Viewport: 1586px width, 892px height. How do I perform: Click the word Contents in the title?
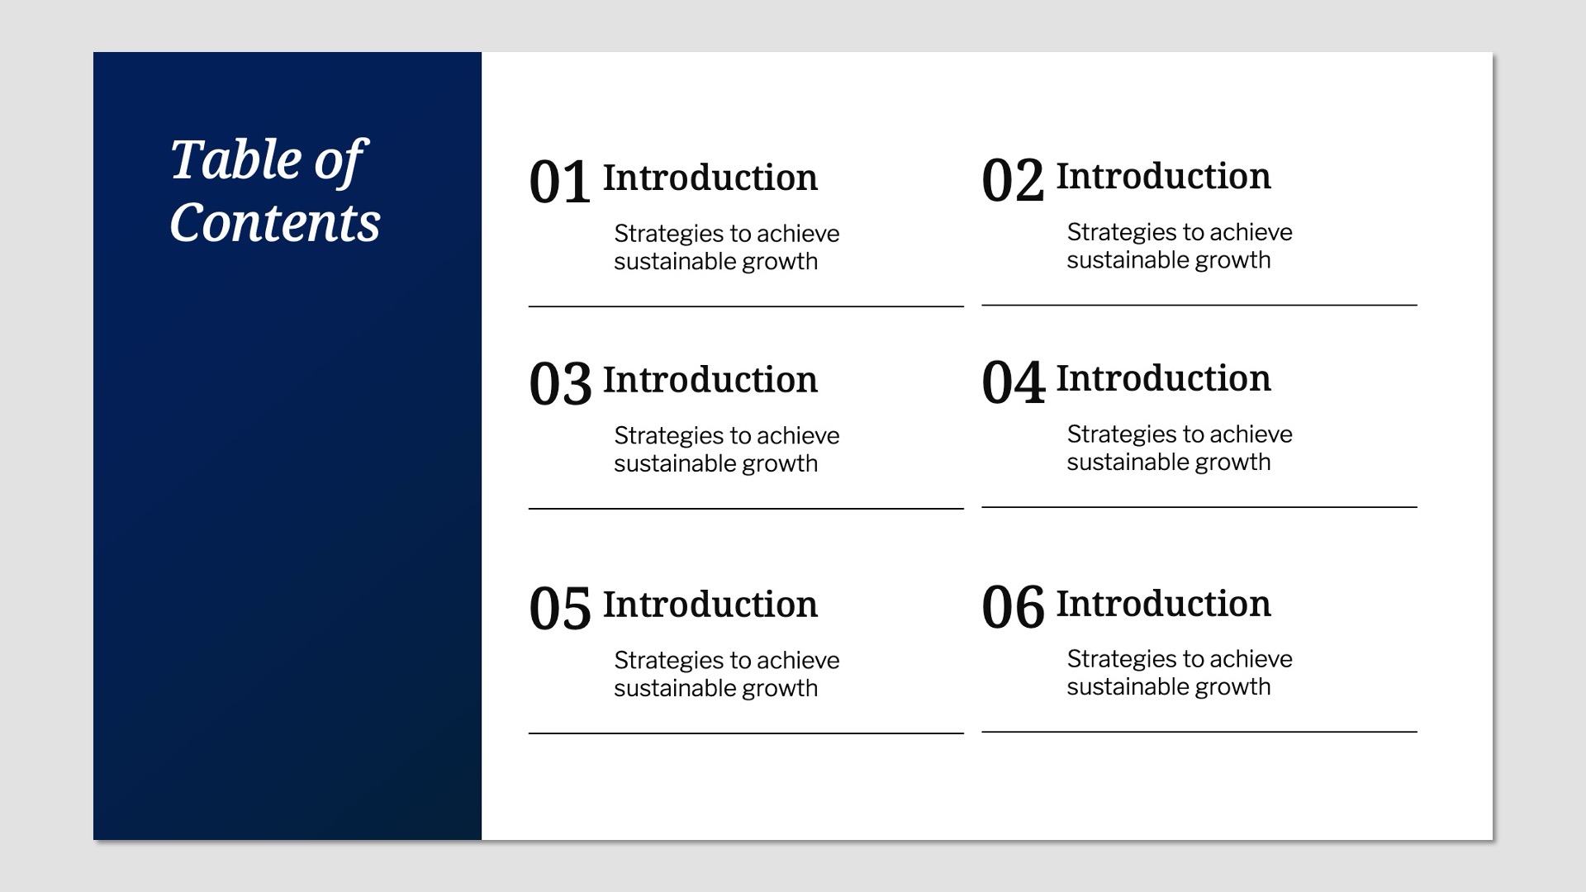(x=274, y=223)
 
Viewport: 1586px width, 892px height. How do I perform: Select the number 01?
(x=559, y=183)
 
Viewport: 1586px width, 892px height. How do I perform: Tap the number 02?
(x=1013, y=181)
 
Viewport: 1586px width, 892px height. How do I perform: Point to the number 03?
(x=560, y=384)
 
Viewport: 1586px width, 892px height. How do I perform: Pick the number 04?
(x=1013, y=382)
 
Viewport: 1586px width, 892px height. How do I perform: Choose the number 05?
(x=559, y=610)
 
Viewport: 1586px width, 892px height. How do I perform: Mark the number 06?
(x=1013, y=608)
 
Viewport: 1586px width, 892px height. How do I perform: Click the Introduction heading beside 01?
(x=710, y=178)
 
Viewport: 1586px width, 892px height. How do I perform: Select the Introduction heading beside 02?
(x=1163, y=176)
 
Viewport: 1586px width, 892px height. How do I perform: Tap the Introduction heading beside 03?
(x=710, y=380)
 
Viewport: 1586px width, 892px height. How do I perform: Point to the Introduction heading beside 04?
(x=1163, y=378)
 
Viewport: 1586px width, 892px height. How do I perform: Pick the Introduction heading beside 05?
(x=710, y=605)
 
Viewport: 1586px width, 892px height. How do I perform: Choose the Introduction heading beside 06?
(x=1163, y=603)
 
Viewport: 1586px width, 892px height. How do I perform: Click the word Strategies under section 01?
(x=668, y=235)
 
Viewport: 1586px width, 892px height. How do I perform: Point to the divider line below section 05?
(x=746, y=733)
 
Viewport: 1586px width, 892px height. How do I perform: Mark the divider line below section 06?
(x=1199, y=731)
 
